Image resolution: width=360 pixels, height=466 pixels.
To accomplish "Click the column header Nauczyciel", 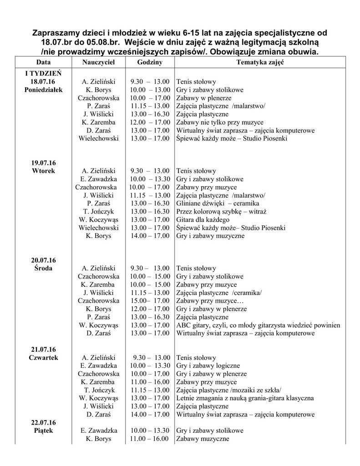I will coord(98,62).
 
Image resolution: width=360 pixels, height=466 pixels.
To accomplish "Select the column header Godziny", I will coord(150,62).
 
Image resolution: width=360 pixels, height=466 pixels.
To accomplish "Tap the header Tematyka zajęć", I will coord(260,62).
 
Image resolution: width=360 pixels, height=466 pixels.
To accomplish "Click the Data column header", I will coord(44,62).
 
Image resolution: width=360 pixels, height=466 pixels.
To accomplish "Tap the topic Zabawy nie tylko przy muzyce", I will coord(219,122).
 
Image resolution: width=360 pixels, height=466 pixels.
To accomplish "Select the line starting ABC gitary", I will coord(258,325).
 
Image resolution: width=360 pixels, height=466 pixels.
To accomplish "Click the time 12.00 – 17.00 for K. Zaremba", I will coord(150,122).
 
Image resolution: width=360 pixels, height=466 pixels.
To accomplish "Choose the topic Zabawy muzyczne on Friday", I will coord(203,439).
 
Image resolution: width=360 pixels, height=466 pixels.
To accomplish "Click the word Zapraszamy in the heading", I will coord(58,33).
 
